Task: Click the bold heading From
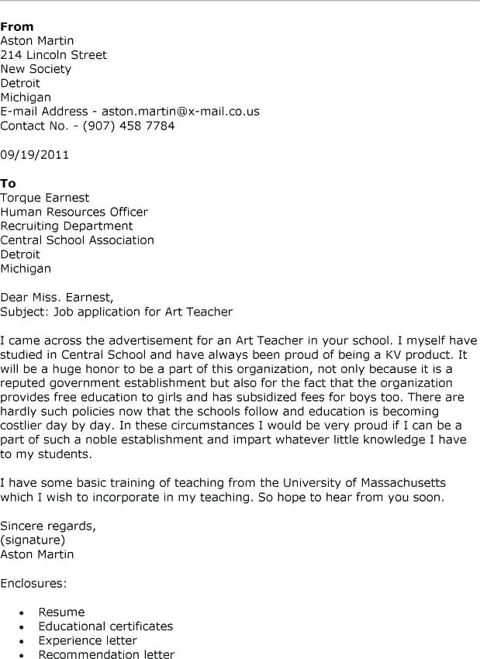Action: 17,26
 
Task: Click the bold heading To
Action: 9,183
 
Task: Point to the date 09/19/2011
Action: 35,154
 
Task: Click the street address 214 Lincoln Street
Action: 54,55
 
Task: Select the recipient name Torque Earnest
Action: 45,198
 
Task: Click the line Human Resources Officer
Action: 74,212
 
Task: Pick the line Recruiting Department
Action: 67,226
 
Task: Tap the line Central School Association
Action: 77,240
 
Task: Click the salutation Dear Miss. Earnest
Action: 57,297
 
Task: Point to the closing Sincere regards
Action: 48,526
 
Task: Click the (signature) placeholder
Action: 33,540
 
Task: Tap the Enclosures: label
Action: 33,582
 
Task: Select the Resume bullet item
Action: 61,612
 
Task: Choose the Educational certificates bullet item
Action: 105,626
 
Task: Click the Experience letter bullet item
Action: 88,640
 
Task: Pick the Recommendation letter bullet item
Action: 106,654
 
